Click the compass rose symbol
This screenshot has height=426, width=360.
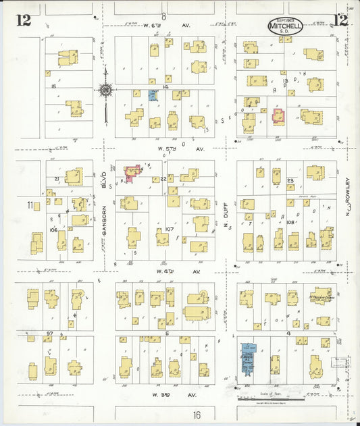[105, 88]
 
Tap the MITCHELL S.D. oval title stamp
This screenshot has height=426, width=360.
[286, 26]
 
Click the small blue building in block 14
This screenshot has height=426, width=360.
[153, 95]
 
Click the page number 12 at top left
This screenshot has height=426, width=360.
[24, 20]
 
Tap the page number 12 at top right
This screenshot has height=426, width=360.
[340, 20]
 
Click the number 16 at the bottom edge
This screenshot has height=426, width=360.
[197, 415]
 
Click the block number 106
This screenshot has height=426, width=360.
[53, 230]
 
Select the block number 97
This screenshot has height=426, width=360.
[49, 334]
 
